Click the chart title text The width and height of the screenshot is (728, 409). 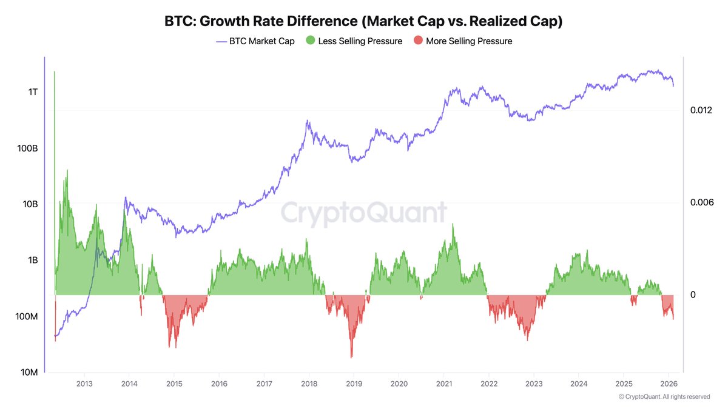[x=364, y=21]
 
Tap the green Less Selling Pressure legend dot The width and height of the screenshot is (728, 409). [x=310, y=41]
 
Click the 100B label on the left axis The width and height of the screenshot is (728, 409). [x=28, y=148]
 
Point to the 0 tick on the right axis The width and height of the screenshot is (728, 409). [x=693, y=295]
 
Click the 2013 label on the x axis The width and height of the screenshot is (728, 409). [x=84, y=384]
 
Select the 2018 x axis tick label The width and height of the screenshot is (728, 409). [x=309, y=384]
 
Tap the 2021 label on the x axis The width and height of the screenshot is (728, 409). [x=443, y=384]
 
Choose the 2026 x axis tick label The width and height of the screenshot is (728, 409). [x=669, y=384]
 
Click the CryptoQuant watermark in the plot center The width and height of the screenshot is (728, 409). [x=363, y=213]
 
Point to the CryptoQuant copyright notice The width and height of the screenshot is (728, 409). [x=664, y=397]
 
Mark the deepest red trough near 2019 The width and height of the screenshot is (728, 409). [x=351, y=357]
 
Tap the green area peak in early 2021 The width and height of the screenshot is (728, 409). [x=453, y=224]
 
